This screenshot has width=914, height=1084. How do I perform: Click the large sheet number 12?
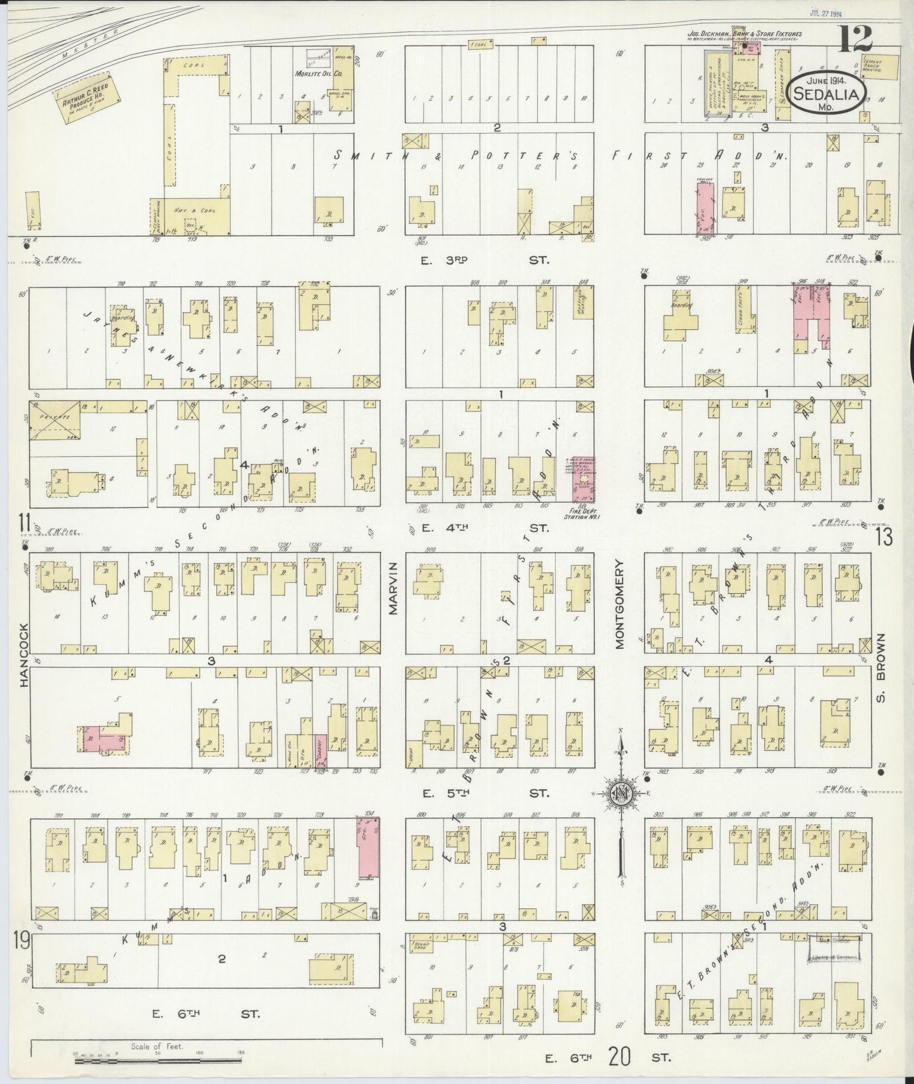[x=856, y=40]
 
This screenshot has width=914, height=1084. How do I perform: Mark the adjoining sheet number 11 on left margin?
[x=24, y=523]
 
